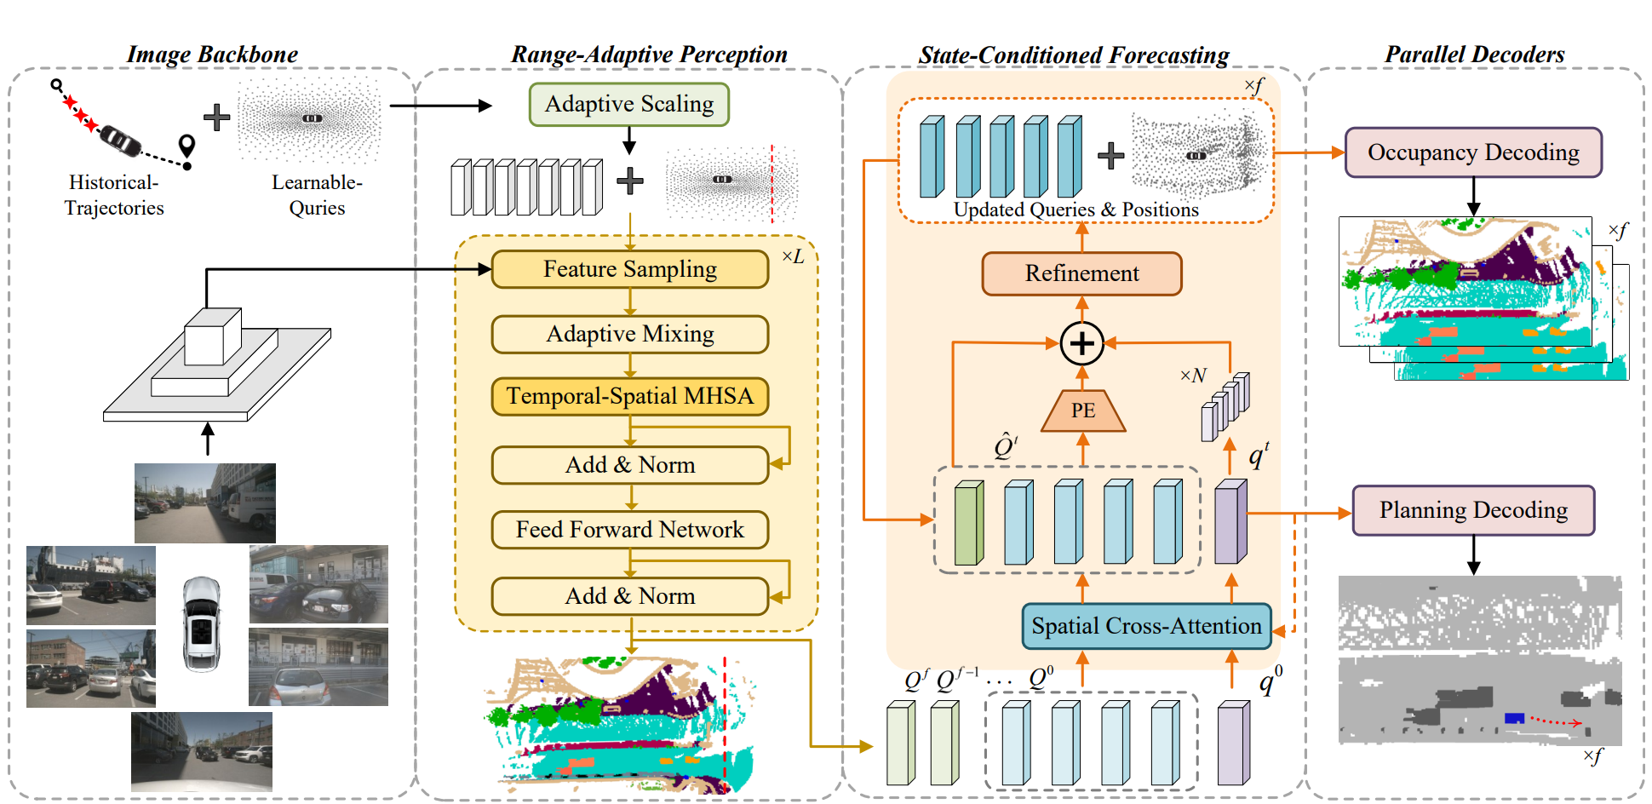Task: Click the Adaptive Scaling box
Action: click(x=628, y=104)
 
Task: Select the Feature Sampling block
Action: click(x=629, y=269)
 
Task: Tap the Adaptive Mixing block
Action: click(x=629, y=334)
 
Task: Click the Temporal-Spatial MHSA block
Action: click(x=629, y=396)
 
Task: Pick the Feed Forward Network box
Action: click(x=629, y=530)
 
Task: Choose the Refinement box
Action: click(x=1081, y=273)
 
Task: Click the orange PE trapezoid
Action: click(x=1082, y=411)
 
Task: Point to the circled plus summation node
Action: click(x=1081, y=343)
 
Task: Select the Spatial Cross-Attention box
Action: click(x=1146, y=626)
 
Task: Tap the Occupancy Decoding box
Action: click(x=1472, y=152)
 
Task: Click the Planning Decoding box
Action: click(x=1472, y=510)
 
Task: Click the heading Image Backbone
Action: click(x=212, y=55)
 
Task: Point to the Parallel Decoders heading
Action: click(x=1474, y=55)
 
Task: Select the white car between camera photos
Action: click(x=202, y=624)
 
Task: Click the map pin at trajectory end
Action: click(x=186, y=146)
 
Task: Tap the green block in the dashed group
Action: click(x=968, y=523)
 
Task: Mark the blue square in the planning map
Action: click(x=1514, y=718)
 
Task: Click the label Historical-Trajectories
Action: click(x=114, y=195)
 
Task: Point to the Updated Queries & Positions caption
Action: click(x=1076, y=210)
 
